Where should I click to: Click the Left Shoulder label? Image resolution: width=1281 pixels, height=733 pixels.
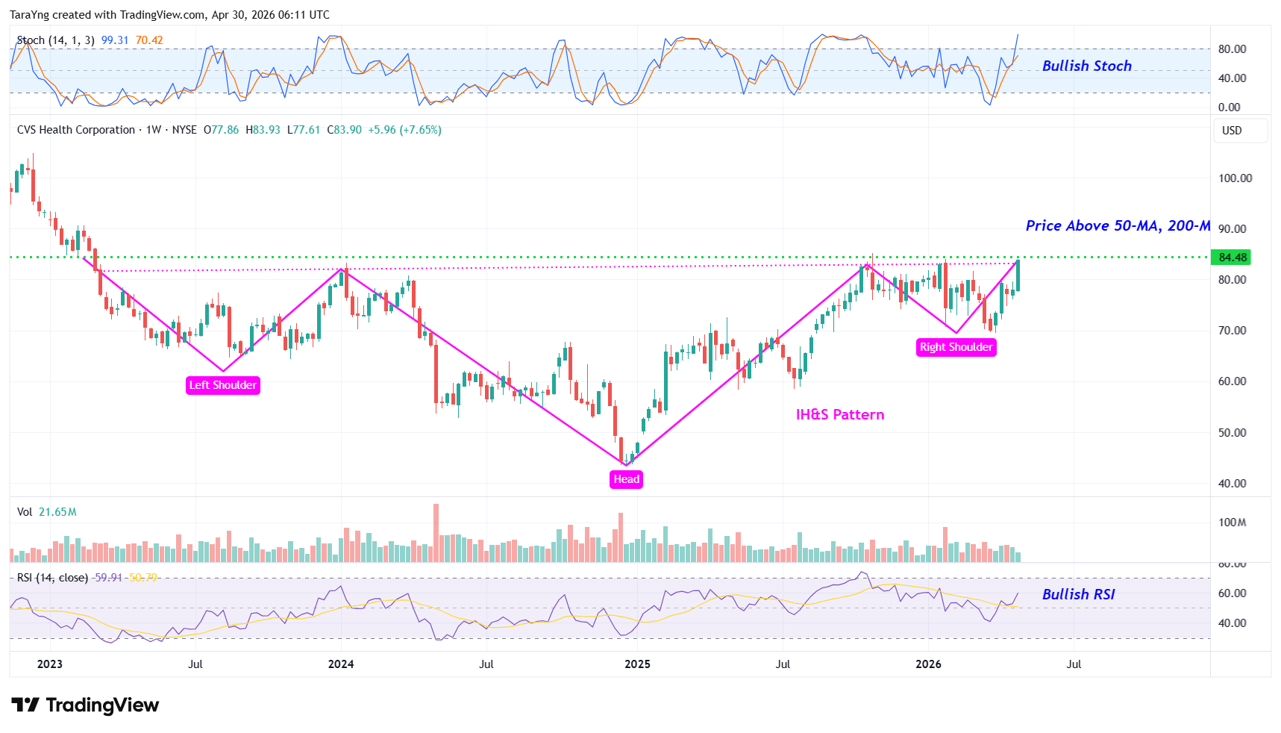pyautogui.click(x=222, y=385)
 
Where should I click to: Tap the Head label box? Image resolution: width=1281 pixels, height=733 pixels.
pyautogui.click(x=626, y=479)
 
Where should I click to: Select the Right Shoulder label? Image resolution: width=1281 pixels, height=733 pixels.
pyautogui.click(x=956, y=347)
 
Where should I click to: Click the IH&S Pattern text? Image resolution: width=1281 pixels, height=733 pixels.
pyautogui.click(x=839, y=415)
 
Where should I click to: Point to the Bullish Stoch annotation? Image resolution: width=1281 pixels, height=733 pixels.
pyautogui.click(x=1086, y=66)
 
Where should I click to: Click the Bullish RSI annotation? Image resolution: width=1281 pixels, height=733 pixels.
pyautogui.click(x=1078, y=594)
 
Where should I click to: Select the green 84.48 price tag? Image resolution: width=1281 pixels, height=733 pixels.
pyautogui.click(x=1232, y=258)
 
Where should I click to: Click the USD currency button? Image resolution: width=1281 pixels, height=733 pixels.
pyautogui.click(x=1232, y=131)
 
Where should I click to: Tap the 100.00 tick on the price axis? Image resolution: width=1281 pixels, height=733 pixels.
pyautogui.click(x=1235, y=178)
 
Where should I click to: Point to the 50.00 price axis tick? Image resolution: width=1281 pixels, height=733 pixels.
pyautogui.click(x=1232, y=433)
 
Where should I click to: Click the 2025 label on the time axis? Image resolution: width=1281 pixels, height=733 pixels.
pyautogui.click(x=637, y=664)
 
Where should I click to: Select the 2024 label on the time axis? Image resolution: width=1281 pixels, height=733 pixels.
pyautogui.click(x=341, y=664)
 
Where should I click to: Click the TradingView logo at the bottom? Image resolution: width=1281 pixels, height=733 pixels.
pyautogui.click(x=86, y=705)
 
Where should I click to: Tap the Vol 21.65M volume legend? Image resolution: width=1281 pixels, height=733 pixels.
pyautogui.click(x=47, y=512)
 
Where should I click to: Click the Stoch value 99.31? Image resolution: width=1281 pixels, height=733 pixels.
pyautogui.click(x=115, y=40)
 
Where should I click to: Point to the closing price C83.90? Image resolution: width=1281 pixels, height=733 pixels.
pyautogui.click(x=344, y=130)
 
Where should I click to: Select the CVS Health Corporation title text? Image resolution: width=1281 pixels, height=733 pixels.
pyautogui.click(x=76, y=130)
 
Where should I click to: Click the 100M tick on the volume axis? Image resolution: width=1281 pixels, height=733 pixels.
pyautogui.click(x=1232, y=523)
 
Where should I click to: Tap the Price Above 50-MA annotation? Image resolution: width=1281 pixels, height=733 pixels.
pyautogui.click(x=1117, y=225)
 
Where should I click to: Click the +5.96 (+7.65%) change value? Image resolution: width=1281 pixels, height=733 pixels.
pyautogui.click(x=404, y=130)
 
